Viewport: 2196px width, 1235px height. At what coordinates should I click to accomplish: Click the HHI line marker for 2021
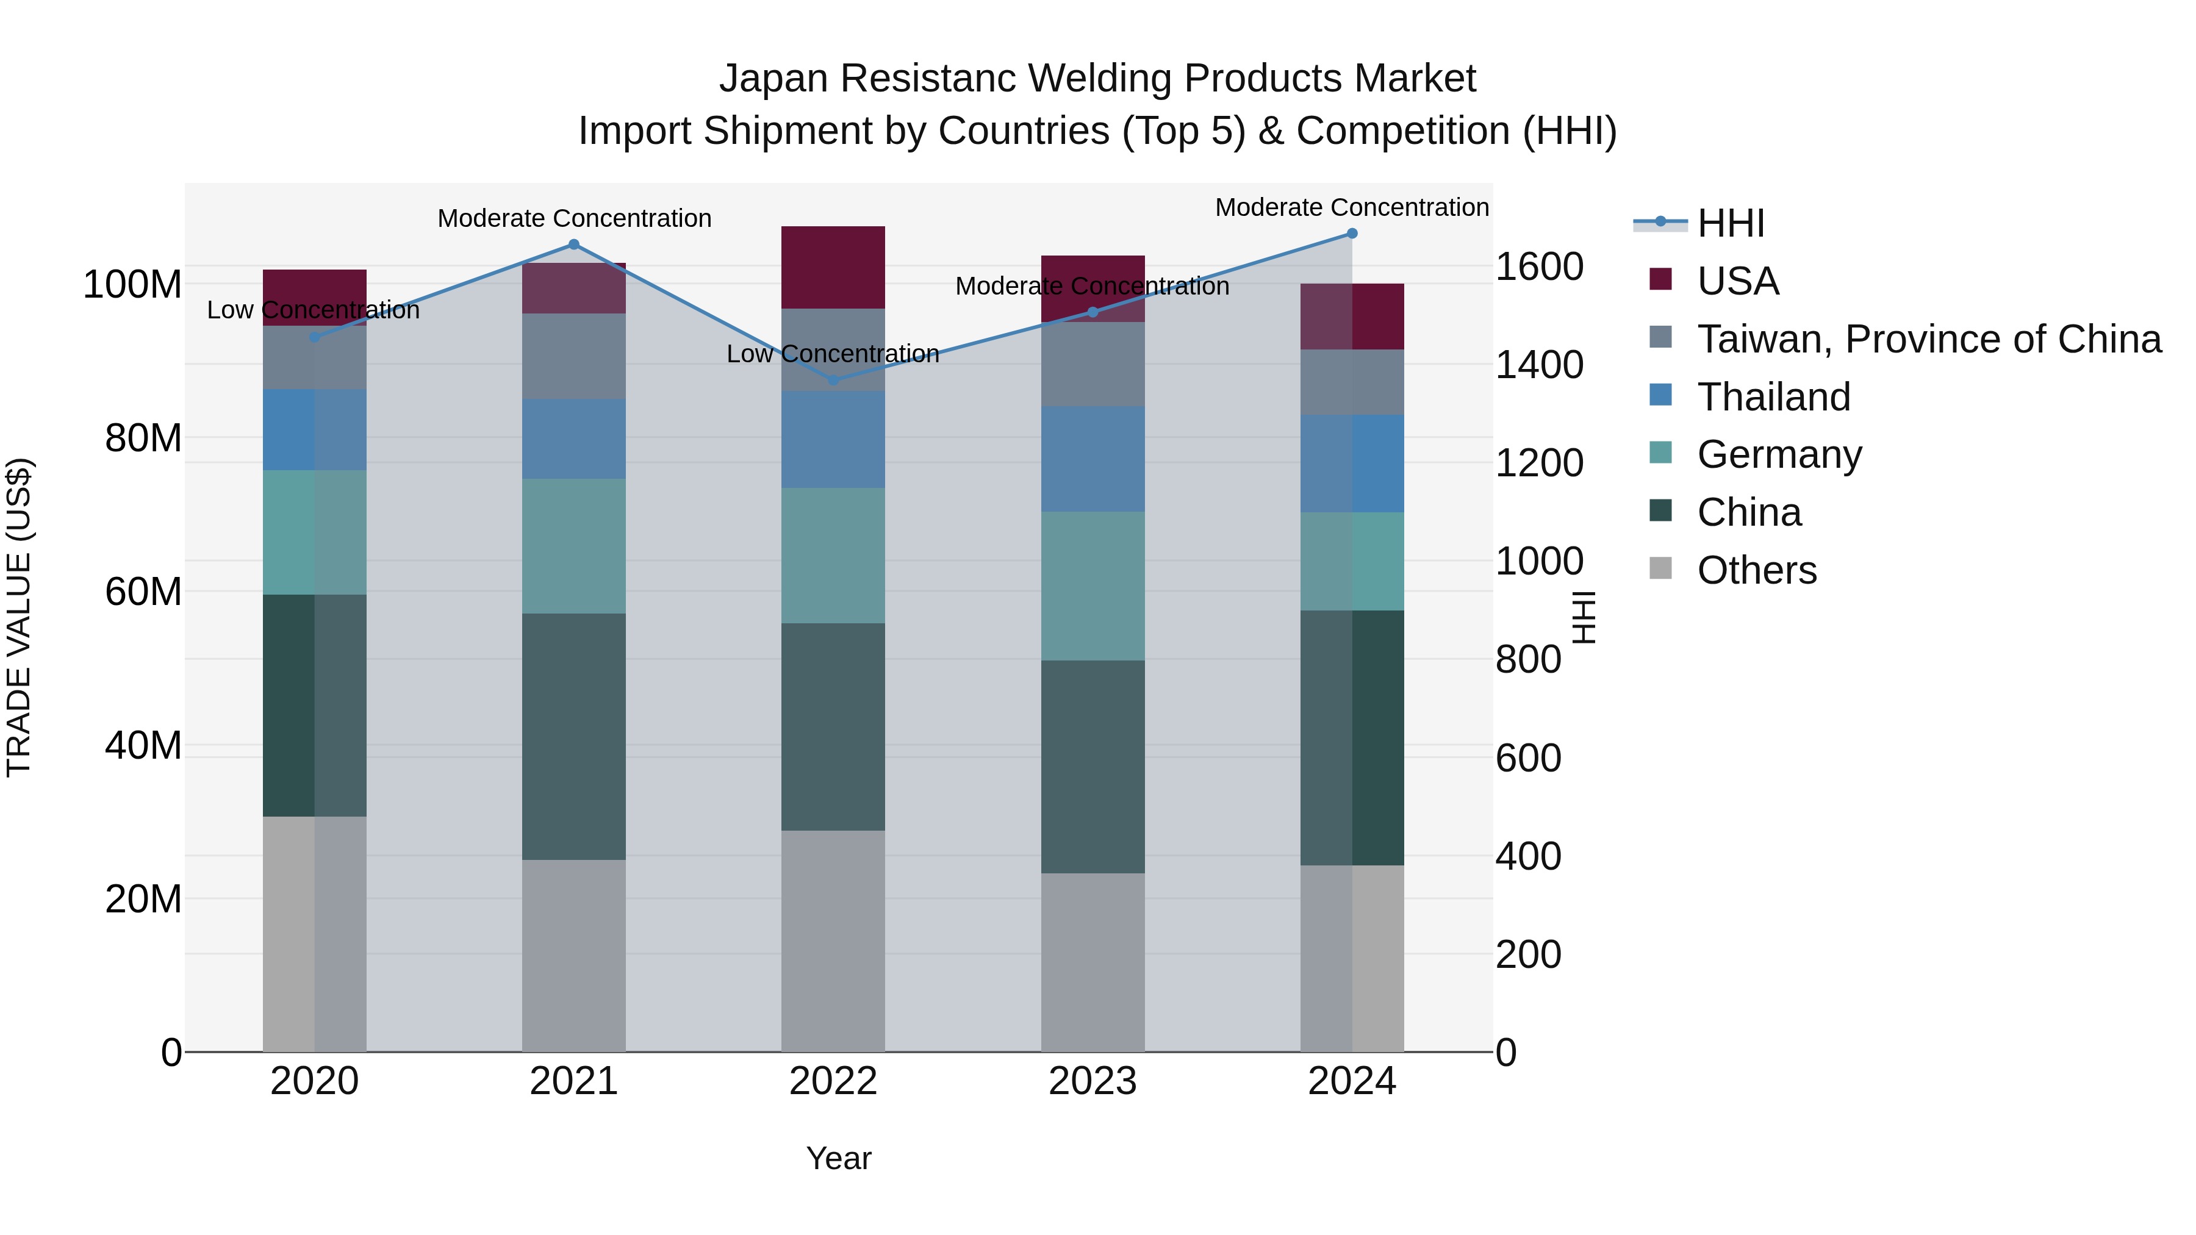tap(574, 245)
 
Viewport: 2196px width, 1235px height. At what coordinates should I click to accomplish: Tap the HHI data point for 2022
tap(834, 380)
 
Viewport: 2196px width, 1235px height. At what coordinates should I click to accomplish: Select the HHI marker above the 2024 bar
tap(1352, 234)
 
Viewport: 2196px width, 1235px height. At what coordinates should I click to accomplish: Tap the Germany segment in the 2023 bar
tap(1093, 586)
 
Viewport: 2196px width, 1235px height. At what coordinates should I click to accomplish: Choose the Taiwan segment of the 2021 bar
tap(574, 356)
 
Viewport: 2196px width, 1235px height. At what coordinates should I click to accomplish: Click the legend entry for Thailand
tap(1773, 397)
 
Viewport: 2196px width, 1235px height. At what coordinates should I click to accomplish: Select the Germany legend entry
tap(1779, 454)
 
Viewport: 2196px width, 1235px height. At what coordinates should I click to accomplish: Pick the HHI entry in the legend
tap(1730, 223)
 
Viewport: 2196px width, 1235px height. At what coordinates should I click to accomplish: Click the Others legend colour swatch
tap(1660, 568)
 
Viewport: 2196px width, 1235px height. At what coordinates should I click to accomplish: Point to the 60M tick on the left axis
tap(143, 592)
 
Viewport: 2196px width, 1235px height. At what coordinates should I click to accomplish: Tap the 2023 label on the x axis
tap(1093, 1081)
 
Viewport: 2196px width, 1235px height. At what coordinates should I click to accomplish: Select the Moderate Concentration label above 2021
tap(574, 218)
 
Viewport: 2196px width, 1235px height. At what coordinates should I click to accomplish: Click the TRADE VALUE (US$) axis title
tap(19, 617)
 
